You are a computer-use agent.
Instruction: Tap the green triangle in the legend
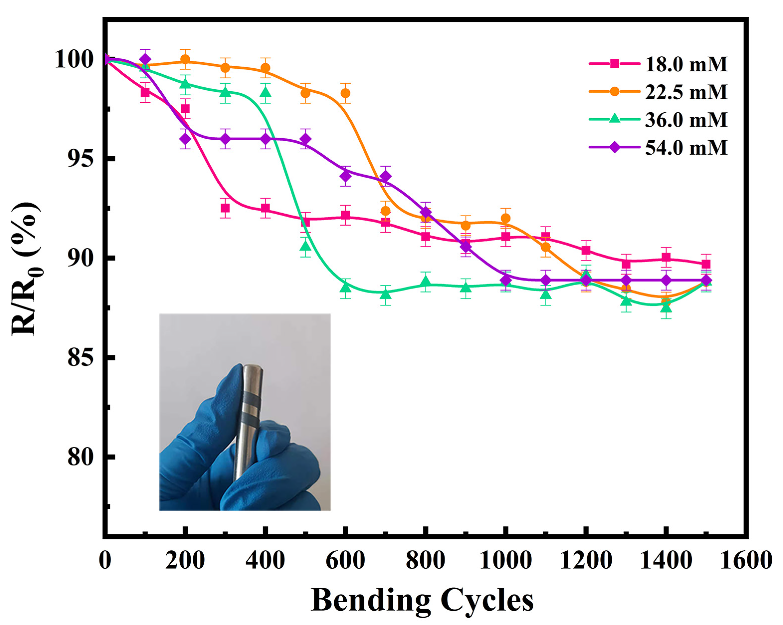pyautogui.click(x=614, y=119)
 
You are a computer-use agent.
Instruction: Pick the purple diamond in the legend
pyautogui.click(x=614, y=147)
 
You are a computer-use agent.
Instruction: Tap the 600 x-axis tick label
pyautogui.click(x=345, y=560)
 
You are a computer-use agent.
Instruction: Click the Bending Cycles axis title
pyautogui.click(x=422, y=601)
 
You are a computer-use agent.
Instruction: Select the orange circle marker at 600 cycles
pyautogui.click(x=345, y=93)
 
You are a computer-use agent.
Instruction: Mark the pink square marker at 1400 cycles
pyautogui.click(x=666, y=257)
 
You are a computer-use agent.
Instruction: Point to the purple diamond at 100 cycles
pyautogui.click(x=145, y=59)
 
